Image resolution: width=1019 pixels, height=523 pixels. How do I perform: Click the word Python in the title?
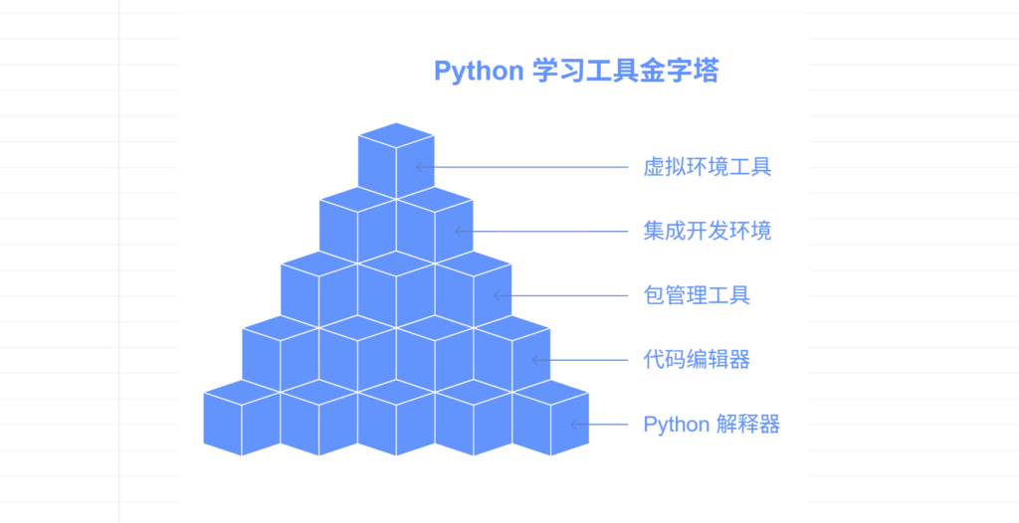(x=478, y=72)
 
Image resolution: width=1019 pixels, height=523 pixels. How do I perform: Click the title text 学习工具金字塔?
(x=625, y=72)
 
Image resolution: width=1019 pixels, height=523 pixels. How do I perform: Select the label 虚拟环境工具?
(x=707, y=167)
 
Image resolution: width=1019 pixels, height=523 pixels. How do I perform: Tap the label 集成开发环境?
(x=707, y=232)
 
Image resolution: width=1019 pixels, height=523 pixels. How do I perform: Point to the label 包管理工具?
(x=697, y=295)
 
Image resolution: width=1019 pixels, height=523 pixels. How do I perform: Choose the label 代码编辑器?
(x=697, y=360)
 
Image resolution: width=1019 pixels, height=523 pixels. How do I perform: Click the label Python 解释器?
(x=712, y=425)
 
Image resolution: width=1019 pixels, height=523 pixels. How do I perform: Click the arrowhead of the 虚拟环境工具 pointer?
(x=419, y=167)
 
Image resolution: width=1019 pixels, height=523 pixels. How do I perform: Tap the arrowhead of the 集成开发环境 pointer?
(x=458, y=232)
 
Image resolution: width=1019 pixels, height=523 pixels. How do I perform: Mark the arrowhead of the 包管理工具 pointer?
(x=496, y=295)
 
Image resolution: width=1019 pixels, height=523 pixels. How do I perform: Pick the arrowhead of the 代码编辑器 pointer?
(x=534, y=360)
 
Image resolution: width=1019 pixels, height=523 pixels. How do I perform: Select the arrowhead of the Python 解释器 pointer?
(x=573, y=425)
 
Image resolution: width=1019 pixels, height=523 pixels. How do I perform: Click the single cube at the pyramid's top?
(x=396, y=159)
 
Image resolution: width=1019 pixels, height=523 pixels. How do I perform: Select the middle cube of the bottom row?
(x=396, y=423)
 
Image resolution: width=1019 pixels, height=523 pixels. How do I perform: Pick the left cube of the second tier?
(x=357, y=227)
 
